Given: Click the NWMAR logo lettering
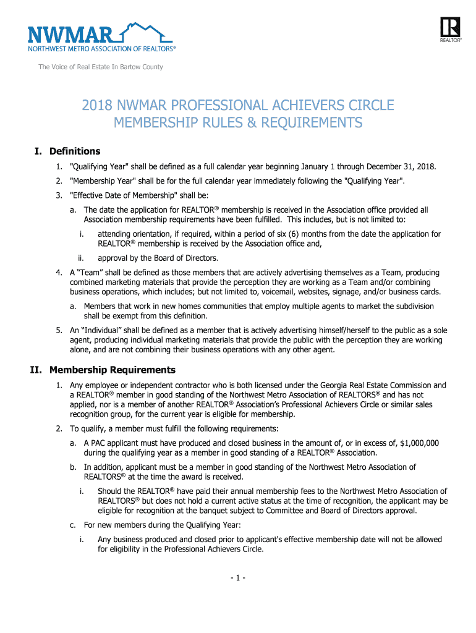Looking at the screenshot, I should pos(68,34).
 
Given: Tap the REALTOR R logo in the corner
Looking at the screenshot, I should pos(451,28).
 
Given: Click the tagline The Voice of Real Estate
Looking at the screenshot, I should pos(101,67).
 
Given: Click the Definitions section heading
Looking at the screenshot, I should pos(75,151).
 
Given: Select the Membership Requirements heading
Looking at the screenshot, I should pos(113,370).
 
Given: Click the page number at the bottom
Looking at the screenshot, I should pos(238,578).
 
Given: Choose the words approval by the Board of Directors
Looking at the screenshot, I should pos(158,258).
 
